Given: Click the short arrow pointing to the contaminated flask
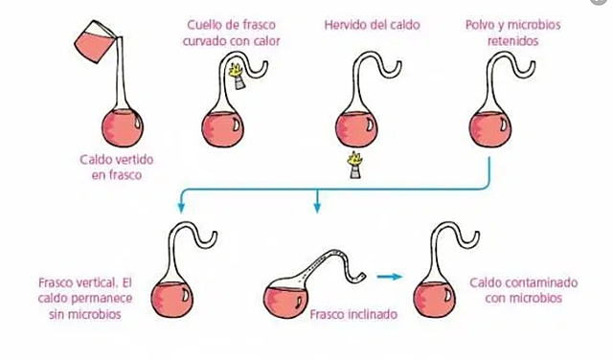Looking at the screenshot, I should click(x=387, y=277).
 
